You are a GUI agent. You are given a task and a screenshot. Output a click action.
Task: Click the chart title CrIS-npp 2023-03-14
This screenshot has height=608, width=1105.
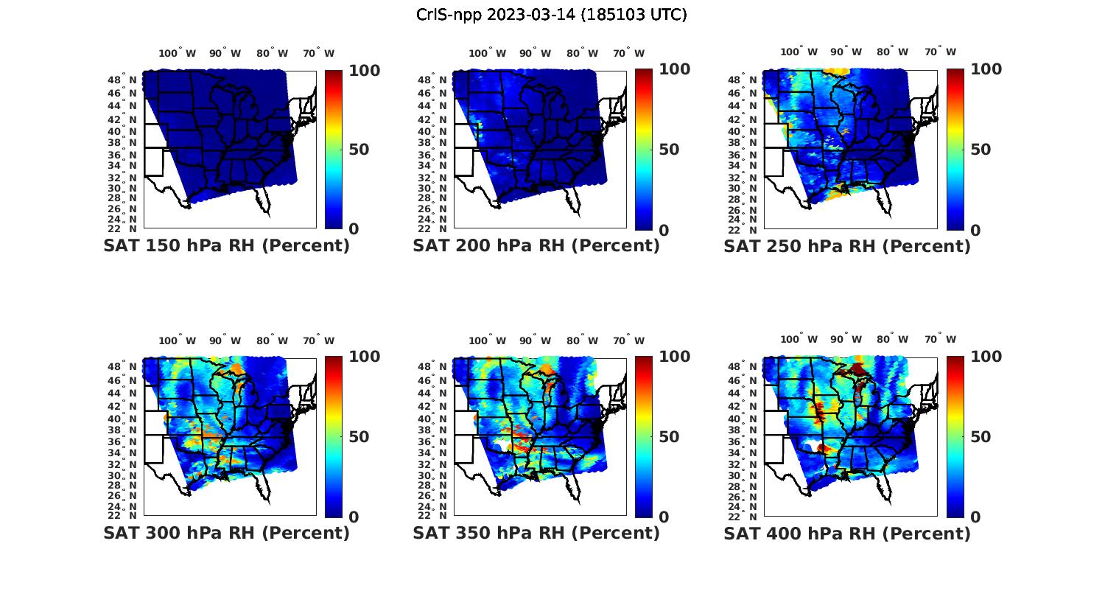point(551,15)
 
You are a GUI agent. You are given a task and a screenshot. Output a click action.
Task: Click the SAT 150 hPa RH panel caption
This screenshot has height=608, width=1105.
point(226,246)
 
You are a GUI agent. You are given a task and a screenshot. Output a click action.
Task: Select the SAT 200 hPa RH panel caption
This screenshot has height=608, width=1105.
point(536,246)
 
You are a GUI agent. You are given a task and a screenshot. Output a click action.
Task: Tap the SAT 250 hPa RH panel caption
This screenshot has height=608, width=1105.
point(847,246)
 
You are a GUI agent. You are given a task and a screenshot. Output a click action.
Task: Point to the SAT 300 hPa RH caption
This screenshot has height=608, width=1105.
point(226,533)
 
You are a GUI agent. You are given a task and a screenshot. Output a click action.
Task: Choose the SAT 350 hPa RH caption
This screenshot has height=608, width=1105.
point(536,533)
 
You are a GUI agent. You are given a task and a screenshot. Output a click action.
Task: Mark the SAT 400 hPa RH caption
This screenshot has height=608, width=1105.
point(847,533)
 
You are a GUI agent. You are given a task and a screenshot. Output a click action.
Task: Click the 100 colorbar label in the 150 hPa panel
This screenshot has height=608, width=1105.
point(365,71)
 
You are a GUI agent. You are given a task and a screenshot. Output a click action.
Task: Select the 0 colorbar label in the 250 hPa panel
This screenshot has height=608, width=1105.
point(975,230)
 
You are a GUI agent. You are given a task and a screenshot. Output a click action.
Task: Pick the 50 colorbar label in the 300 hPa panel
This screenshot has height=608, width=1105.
point(359,437)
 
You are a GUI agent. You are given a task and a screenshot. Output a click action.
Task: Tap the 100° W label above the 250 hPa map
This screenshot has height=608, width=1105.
point(799,52)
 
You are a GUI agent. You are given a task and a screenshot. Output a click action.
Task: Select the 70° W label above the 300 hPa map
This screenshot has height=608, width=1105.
point(318,340)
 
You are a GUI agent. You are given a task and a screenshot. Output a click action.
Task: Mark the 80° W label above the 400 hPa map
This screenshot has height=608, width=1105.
point(892,340)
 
